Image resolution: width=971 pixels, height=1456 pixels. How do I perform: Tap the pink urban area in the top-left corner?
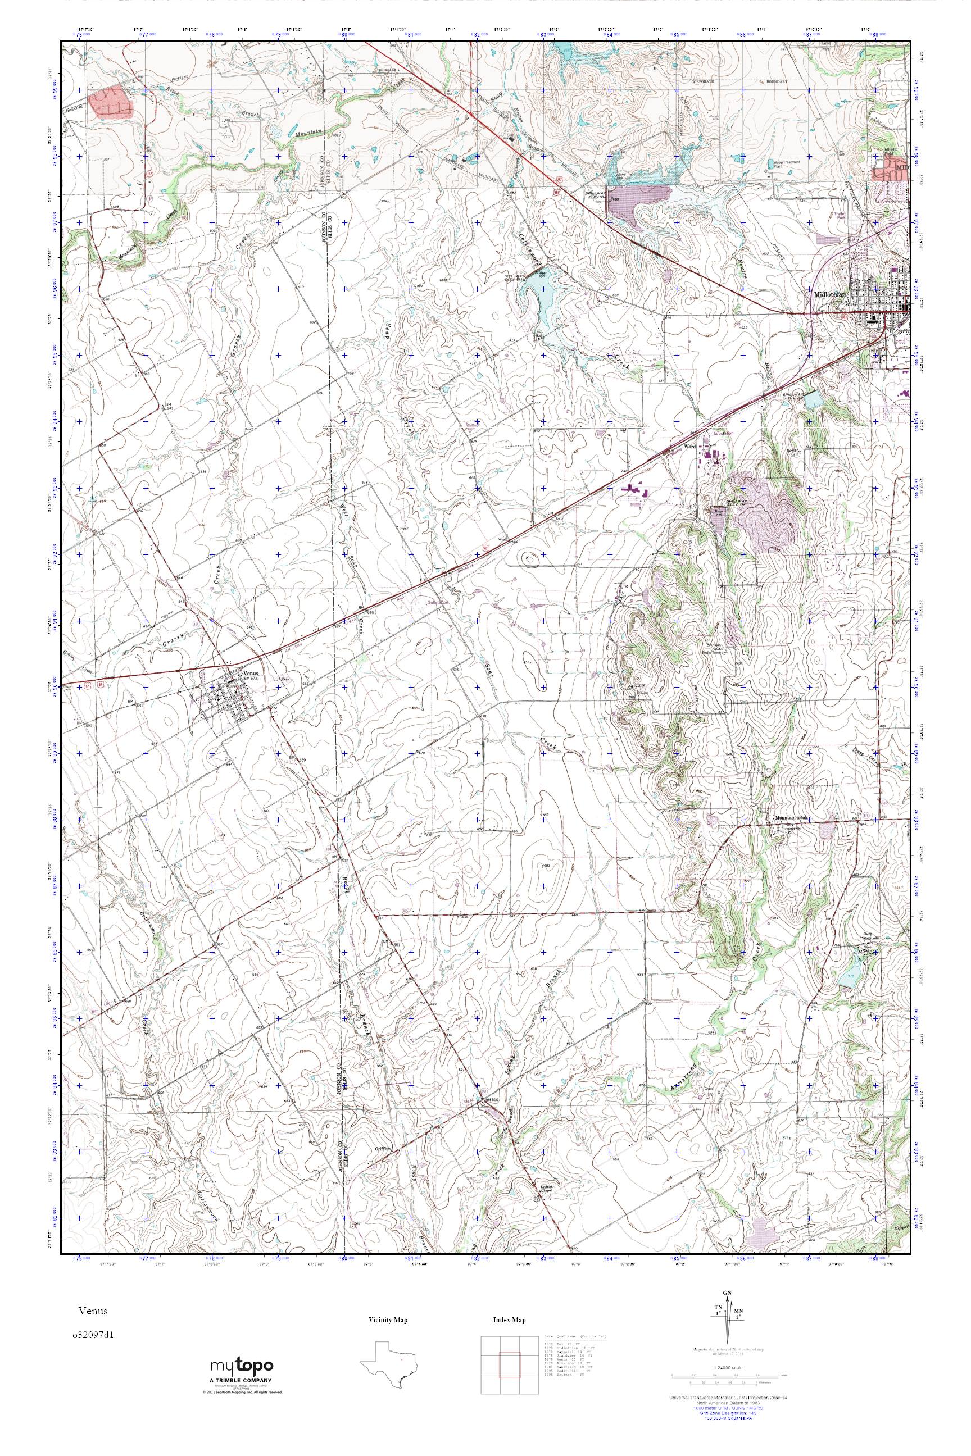tap(111, 103)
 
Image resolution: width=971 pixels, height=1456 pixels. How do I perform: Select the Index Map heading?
tap(509, 1321)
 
